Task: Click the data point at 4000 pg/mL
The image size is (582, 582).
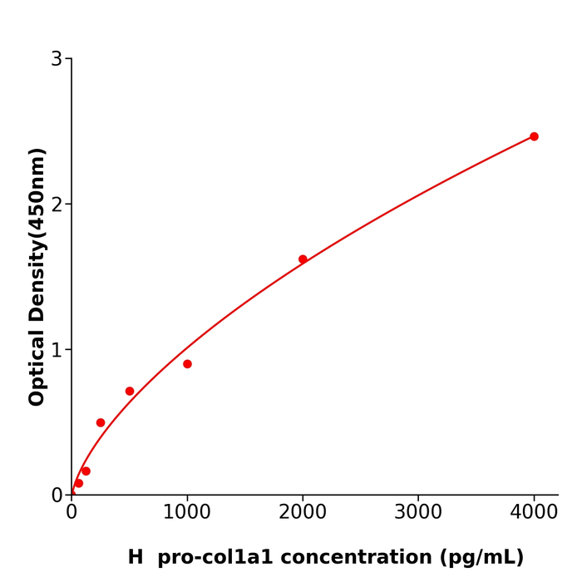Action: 534,136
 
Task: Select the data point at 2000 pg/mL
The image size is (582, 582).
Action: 303,259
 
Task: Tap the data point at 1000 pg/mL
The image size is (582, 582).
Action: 187,364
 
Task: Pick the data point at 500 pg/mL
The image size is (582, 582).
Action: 130,391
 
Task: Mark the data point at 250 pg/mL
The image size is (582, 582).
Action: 101,422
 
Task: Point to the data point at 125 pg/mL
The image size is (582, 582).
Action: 86,471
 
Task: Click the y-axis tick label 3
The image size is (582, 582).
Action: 57,59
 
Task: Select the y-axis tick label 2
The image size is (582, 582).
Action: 57,205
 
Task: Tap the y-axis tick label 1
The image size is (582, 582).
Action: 57,350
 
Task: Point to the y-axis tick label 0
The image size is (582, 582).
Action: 57,496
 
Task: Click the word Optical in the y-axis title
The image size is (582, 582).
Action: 37,366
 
